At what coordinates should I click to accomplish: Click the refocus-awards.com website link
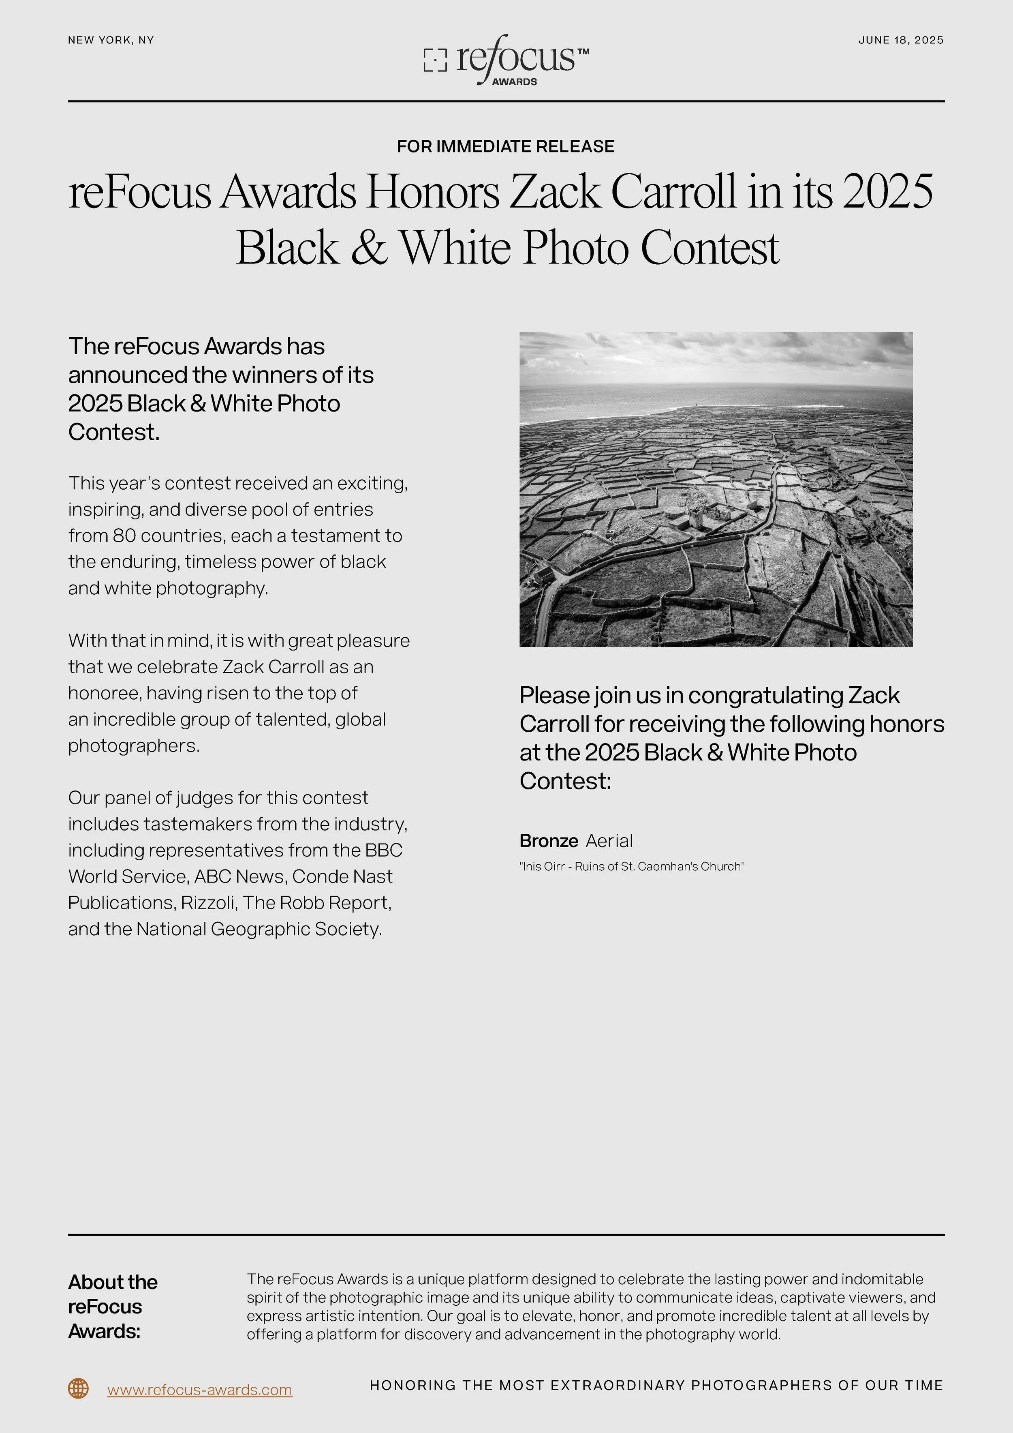tap(200, 1390)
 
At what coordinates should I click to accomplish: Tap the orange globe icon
tap(78, 1389)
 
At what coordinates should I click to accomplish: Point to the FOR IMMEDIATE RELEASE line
tap(506, 147)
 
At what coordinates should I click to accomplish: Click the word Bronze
tap(548, 841)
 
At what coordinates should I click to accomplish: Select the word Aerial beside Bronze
tap(609, 841)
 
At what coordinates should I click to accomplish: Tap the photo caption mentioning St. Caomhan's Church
tap(632, 866)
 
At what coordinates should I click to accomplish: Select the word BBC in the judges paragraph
tap(384, 851)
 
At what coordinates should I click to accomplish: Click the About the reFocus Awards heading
tap(112, 1306)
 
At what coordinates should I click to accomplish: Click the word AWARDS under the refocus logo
tap(515, 82)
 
